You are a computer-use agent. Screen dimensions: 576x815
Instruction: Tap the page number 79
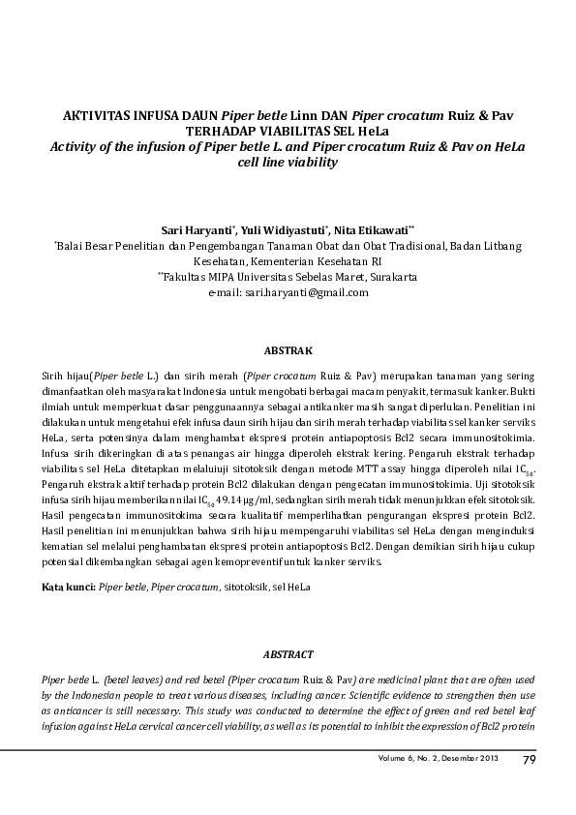529,758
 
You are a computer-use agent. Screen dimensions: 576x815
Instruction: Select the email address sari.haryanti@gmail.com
307,291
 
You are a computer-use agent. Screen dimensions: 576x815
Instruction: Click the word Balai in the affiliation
75,247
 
